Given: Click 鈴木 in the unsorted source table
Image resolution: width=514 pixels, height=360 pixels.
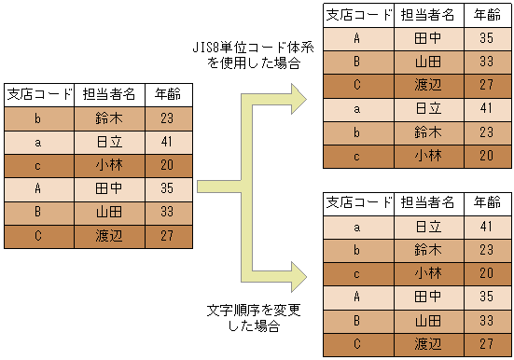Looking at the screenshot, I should coord(109,118).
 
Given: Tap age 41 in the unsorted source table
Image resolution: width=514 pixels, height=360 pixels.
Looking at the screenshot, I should coord(167,142).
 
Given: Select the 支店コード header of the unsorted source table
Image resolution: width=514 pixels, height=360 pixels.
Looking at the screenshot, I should coord(39,94).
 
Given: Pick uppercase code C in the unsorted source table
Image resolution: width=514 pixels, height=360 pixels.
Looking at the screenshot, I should coord(38,235).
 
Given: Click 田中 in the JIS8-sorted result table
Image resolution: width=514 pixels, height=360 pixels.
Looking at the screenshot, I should coord(427,38).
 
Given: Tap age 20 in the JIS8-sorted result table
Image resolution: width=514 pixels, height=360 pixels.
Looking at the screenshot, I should coord(486,155).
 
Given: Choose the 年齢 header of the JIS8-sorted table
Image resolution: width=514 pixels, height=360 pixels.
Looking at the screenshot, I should coord(486,15).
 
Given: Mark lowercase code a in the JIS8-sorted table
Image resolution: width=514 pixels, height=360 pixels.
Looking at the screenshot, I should coord(357,108).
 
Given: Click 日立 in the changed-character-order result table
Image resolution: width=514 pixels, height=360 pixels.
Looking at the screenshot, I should coord(427,226).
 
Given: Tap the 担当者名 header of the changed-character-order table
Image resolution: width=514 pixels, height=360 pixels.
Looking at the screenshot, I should coord(427,202).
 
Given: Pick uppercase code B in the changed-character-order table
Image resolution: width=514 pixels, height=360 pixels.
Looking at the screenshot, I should coord(357,319).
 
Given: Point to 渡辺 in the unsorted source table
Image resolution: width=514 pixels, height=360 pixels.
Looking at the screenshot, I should coord(109,235).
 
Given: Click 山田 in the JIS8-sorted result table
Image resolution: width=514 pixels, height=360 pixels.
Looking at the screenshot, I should coord(427,62).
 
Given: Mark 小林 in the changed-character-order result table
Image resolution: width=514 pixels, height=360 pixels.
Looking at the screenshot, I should coord(427,272).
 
